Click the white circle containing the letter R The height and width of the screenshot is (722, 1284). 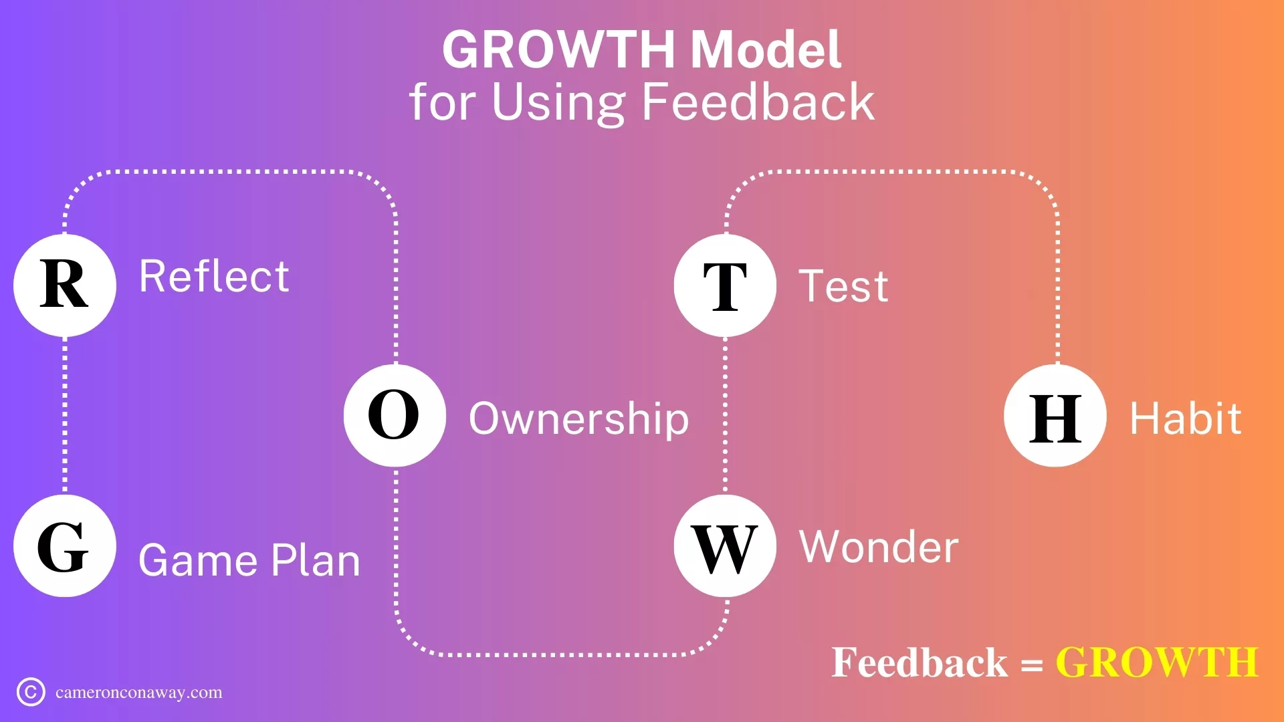coord(65,285)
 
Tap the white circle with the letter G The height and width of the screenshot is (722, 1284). coord(65,546)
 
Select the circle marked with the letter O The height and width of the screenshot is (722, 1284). coord(395,416)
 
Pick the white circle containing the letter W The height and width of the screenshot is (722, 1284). coord(725,546)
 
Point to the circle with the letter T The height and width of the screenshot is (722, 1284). coord(725,285)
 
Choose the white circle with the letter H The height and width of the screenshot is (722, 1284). coord(1055,416)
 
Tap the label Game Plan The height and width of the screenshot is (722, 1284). coord(249,560)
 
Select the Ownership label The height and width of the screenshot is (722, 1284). coord(579,420)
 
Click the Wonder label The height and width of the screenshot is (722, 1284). coord(879,547)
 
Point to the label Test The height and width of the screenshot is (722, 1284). coord(844,286)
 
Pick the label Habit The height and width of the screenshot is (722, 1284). coord(1186,418)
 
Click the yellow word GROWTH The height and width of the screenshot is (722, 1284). coord(1157,663)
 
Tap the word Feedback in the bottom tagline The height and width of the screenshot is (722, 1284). coord(920,663)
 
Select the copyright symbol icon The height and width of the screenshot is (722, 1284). coord(31,692)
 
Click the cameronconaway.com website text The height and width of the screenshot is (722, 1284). coord(139,693)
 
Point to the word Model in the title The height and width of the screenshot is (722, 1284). coord(766,49)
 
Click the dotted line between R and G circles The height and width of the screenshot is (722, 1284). coord(65,416)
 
